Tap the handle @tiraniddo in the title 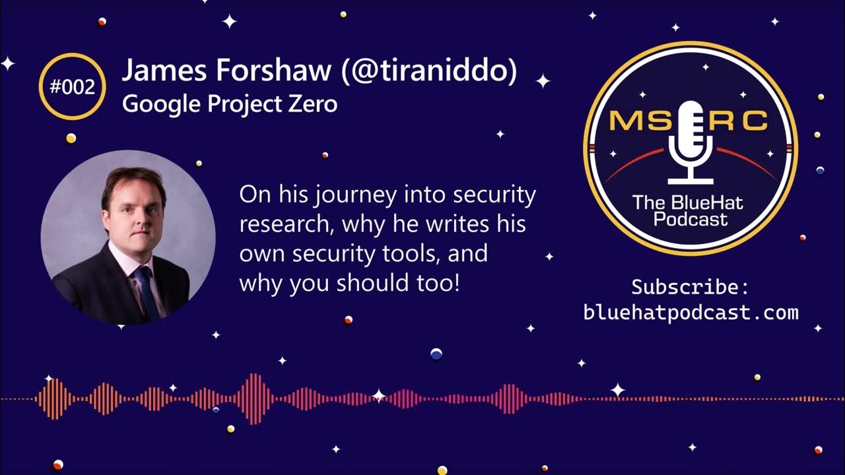click(x=429, y=71)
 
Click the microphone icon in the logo click(x=691, y=142)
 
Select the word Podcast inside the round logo click(x=691, y=218)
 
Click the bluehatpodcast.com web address click(x=691, y=312)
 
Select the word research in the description click(x=285, y=224)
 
